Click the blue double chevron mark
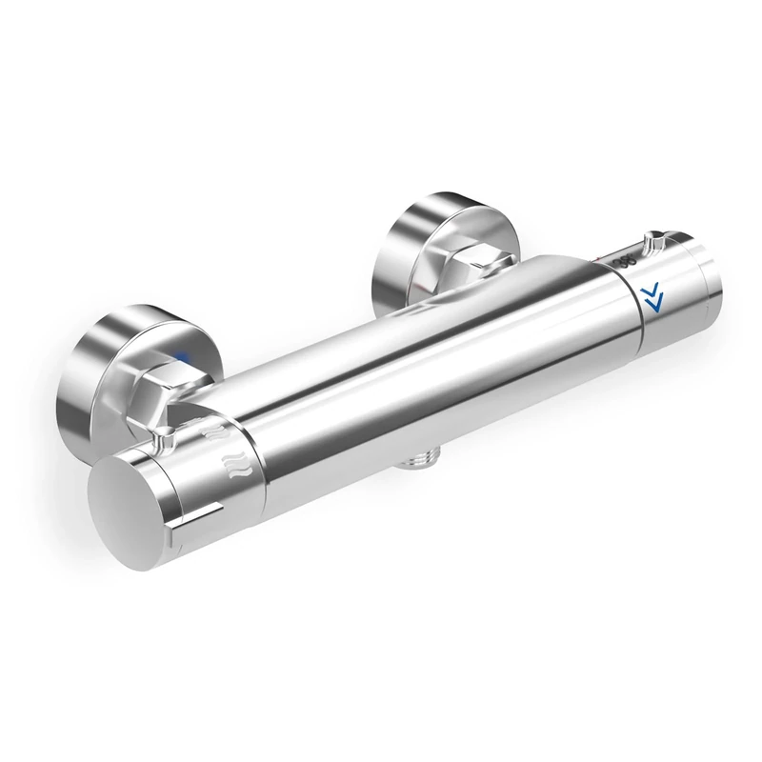pyautogui.click(x=653, y=297)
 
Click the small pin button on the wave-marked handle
pyautogui.click(x=163, y=439)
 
